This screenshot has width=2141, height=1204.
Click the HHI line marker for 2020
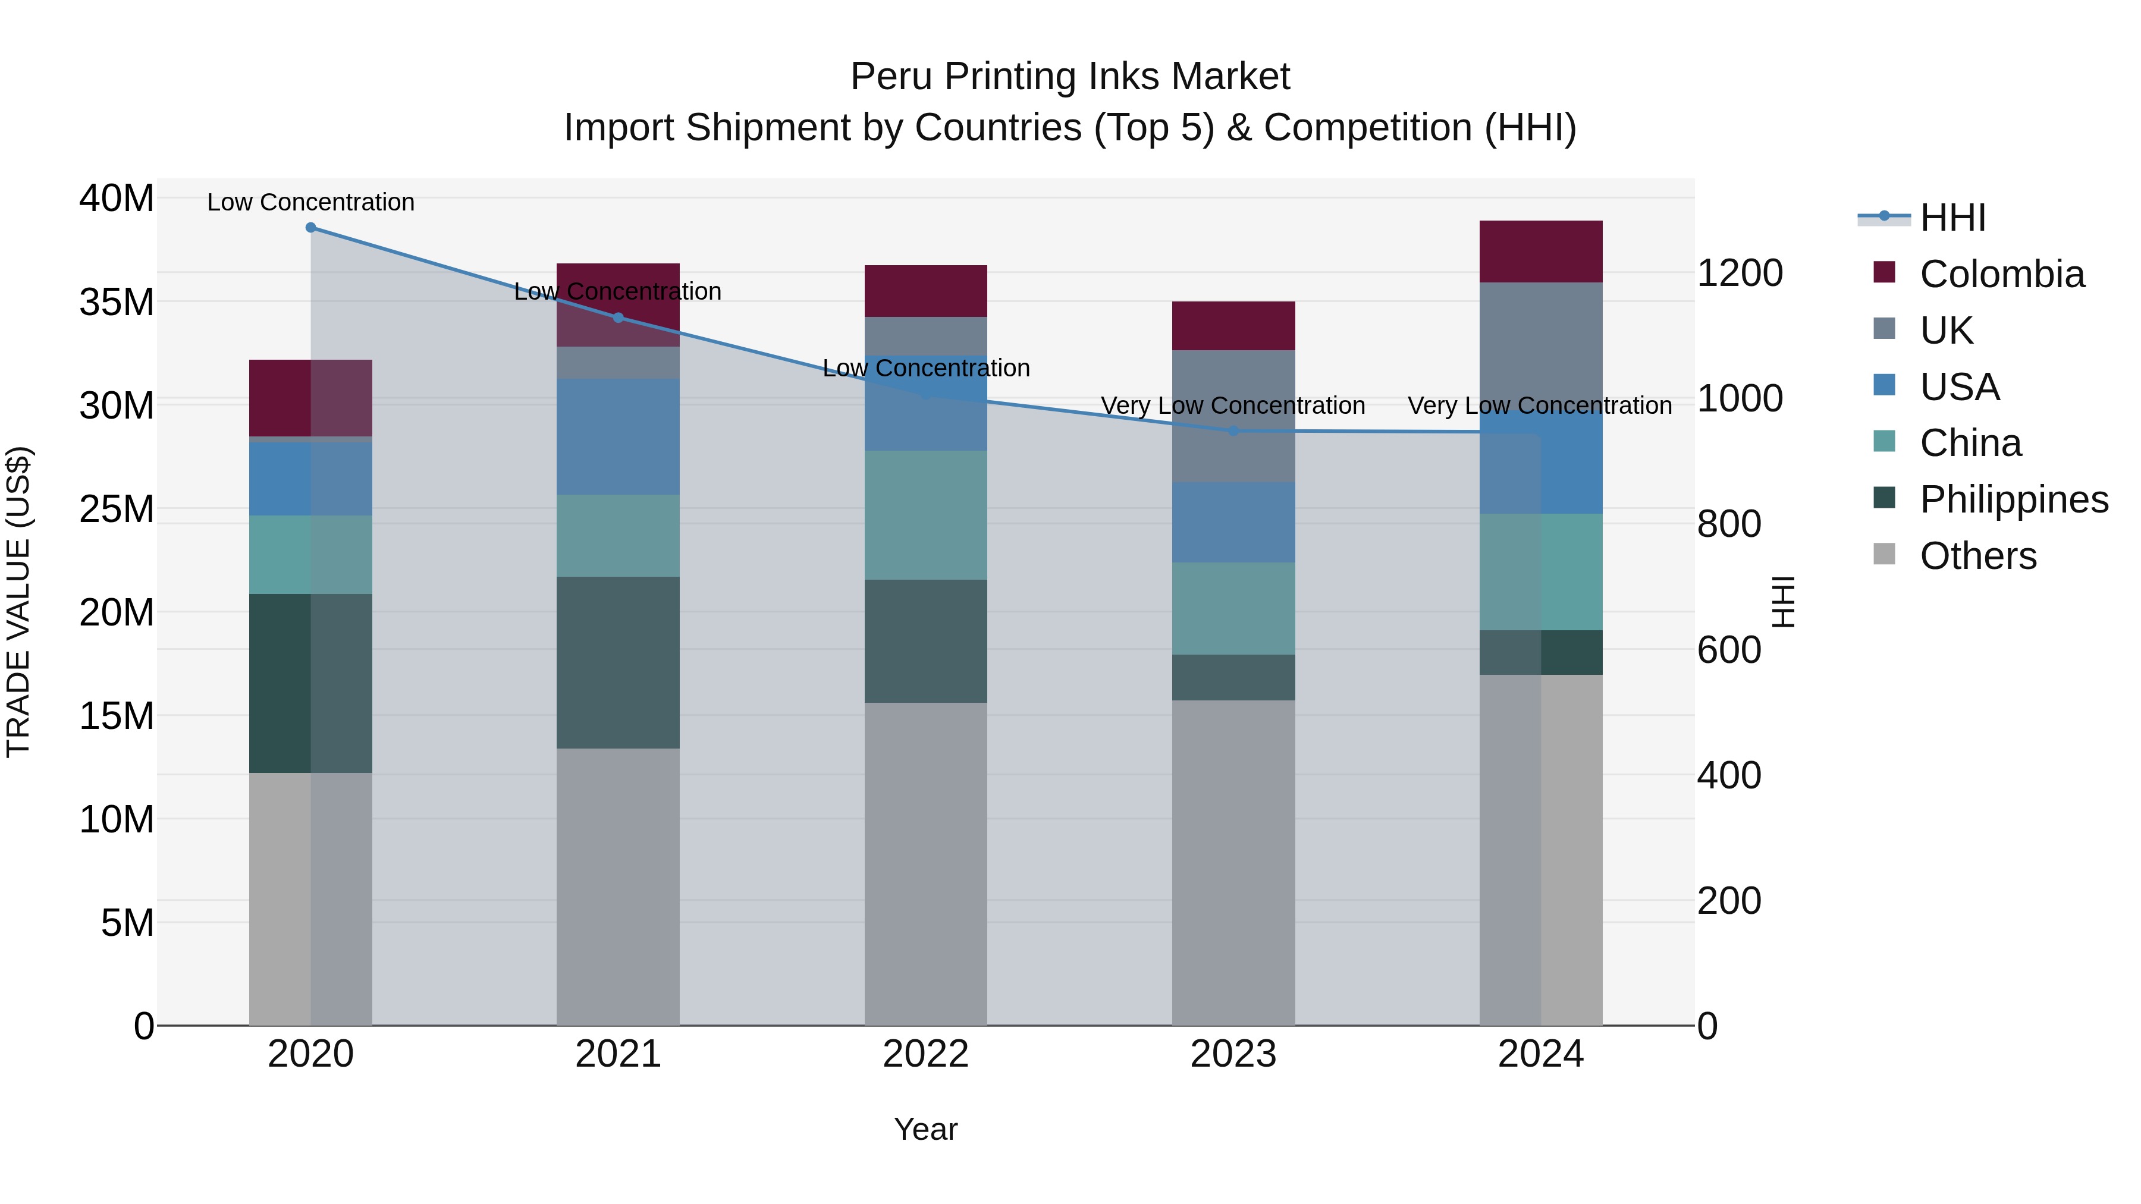[x=311, y=227]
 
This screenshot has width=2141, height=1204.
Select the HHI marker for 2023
[x=1233, y=430]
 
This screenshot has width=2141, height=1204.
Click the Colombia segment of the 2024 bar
[x=1541, y=252]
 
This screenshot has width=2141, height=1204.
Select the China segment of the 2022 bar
[x=926, y=515]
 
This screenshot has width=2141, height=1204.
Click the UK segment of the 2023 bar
[x=1233, y=416]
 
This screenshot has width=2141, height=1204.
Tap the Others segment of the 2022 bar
[x=926, y=864]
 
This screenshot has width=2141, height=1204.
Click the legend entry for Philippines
[x=2014, y=499]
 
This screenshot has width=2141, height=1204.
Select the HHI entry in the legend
[x=1952, y=218]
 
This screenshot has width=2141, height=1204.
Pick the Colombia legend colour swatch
[x=1884, y=272]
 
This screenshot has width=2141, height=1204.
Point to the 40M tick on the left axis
[x=117, y=199]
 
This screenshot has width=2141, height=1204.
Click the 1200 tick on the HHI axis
[x=1740, y=274]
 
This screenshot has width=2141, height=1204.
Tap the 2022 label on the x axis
[x=926, y=1054]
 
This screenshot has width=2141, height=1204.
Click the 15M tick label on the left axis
[x=117, y=715]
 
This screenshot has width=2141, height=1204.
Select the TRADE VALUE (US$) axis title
[x=18, y=602]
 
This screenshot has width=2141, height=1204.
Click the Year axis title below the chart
[x=926, y=1129]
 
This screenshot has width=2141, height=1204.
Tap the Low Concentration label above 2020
[x=311, y=202]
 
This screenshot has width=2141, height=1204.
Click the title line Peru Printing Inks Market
[x=1070, y=77]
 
